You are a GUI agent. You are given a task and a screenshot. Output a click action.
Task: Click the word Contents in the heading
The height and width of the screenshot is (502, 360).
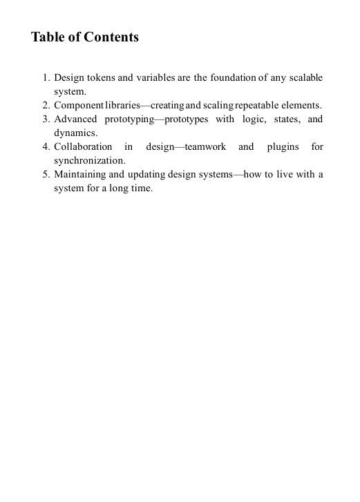pyautogui.click(x=111, y=37)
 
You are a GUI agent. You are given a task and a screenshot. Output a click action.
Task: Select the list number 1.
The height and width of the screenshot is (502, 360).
pyautogui.click(x=45, y=77)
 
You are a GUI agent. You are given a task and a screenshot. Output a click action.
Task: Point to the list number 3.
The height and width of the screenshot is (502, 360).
pyautogui.click(x=45, y=119)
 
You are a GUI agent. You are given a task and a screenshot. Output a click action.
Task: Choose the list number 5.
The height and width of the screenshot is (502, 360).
pyautogui.click(x=45, y=174)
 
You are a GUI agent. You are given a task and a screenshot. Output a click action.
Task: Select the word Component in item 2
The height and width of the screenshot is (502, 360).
pyautogui.click(x=78, y=106)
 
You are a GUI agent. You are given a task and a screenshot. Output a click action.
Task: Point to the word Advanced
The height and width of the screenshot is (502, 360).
pyautogui.click(x=75, y=119)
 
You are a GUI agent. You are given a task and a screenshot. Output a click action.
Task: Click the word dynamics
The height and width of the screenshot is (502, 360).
pyautogui.click(x=75, y=133)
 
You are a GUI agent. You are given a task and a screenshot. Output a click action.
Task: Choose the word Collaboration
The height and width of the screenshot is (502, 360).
pyautogui.click(x=83, y=147)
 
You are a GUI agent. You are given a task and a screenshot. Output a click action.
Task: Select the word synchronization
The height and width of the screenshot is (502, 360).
pyautogui.click(x=89, y=160)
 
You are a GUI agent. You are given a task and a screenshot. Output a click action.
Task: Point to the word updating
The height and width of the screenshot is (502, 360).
pyautogui.click(x=142, y=174)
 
